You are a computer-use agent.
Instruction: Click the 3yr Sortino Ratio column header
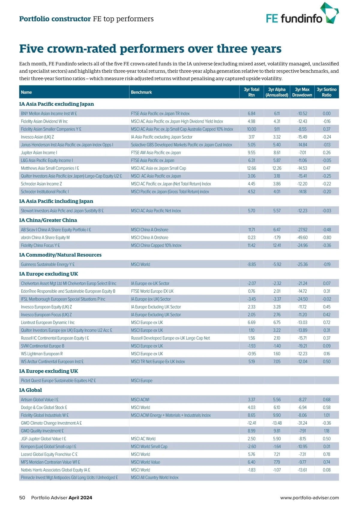[326, 92]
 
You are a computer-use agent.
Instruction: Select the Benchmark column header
[141, 92]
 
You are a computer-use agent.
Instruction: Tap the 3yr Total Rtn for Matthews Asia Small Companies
[251, 168]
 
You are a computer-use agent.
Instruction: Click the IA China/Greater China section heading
[48, 220]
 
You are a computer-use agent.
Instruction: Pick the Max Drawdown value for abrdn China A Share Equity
[302, 237]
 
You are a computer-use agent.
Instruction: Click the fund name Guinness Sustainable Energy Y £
[48, 264]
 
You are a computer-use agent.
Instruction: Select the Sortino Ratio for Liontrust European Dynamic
[326, 323]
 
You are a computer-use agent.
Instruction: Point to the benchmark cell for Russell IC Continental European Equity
[170, 338]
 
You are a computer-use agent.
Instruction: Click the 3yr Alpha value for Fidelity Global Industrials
[277, 415]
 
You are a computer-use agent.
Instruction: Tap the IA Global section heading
[30, 390]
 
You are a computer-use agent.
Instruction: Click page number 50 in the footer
[22, 498]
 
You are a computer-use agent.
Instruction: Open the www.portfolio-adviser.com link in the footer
[309, 498]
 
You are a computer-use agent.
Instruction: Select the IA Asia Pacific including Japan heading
[56, 201]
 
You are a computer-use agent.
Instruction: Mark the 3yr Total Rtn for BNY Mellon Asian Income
[251, 114]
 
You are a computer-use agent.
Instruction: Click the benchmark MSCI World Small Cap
[149, 447]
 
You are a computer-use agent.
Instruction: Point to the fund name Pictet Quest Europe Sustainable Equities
[58, 381]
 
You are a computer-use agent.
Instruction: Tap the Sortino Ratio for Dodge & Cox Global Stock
[326, 408]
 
